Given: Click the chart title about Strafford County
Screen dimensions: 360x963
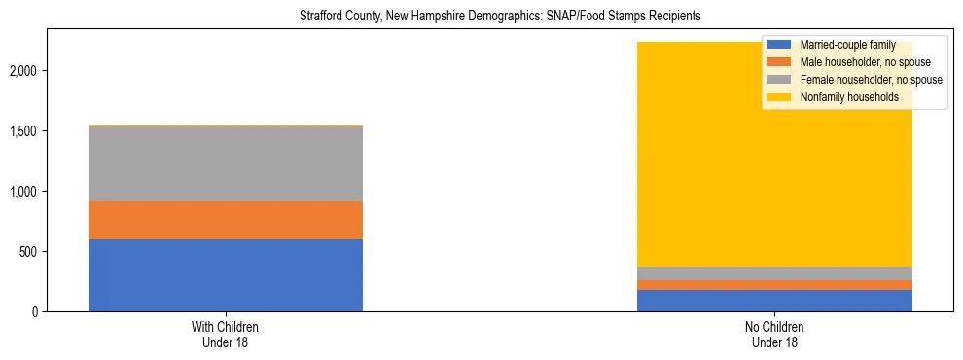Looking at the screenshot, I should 481,17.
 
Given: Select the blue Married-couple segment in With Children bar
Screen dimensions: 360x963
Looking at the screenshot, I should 226,275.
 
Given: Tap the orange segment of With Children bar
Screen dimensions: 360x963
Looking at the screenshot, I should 226,220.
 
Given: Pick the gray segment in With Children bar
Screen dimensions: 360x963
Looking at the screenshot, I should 226,163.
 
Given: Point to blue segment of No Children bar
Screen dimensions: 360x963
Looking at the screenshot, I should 774,301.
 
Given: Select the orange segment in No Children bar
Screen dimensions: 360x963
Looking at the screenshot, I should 774,285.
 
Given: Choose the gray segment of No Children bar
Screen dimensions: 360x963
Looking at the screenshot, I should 774,273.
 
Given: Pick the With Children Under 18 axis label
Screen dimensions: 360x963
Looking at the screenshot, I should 226,334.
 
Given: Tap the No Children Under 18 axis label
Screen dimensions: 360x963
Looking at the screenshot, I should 774,334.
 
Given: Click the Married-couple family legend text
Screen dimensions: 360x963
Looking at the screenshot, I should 840,46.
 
